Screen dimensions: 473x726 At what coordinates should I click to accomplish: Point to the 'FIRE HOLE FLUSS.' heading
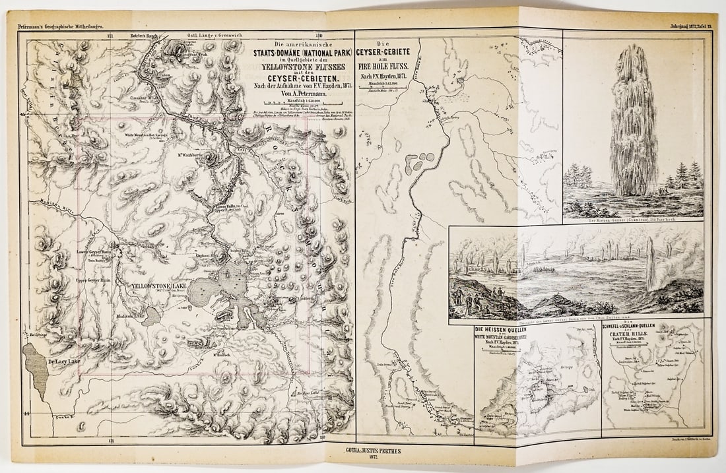click(x=385, y=66)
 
